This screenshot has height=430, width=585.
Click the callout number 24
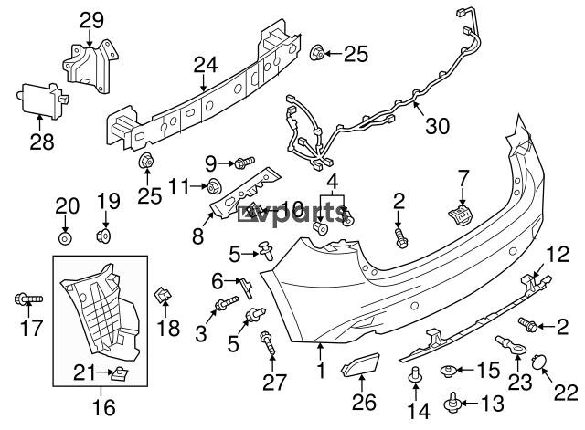(206, 66)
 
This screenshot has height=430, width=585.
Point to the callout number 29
(91, 20)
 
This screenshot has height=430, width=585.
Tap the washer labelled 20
(64, 238)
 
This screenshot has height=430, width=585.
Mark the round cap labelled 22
(539, 365)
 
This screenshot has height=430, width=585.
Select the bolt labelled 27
(268, 342)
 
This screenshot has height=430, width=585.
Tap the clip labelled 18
(163, 294)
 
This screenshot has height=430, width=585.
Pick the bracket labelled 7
(461, 215)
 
